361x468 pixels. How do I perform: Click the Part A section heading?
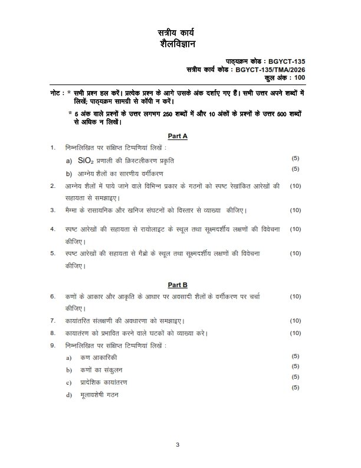pos(178,136)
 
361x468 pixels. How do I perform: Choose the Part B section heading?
pos(178,284)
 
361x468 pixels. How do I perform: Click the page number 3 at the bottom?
pos(177,444)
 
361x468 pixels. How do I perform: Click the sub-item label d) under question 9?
pos(68,394)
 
